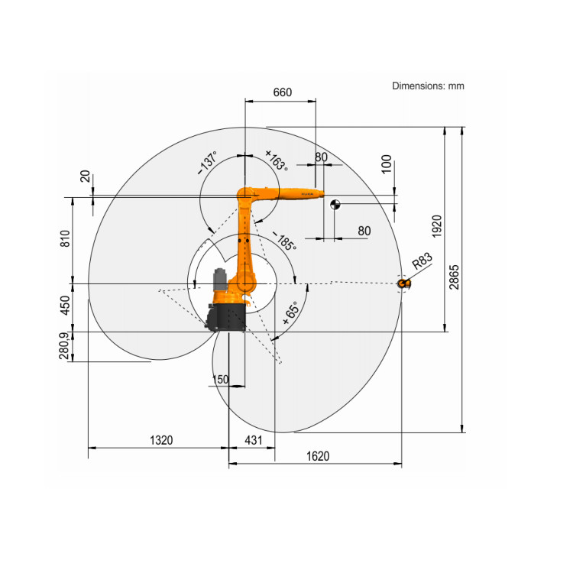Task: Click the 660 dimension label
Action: (283, 92)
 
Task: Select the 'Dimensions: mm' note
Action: (428, 86)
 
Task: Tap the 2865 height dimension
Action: (454, 277)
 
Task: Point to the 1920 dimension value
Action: (437, 226)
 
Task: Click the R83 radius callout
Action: (422, 261)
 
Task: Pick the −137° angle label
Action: (207, 163)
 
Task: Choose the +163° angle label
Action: (277, 160)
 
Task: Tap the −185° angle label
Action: (284, 241)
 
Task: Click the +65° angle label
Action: (291, 312)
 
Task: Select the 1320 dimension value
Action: (161, 440)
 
